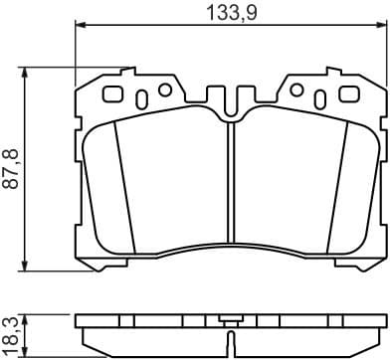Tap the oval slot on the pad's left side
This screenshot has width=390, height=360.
(140, 98)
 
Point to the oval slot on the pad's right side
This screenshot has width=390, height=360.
(320, 98)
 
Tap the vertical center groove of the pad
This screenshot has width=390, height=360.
(230, 184)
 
